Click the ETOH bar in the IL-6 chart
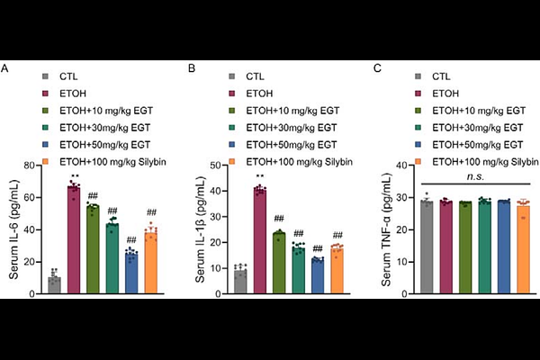pos(73,240)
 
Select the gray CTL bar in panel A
pos(54,285)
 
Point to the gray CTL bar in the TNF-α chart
pos(428,247)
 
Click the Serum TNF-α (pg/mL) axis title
pos(391,229)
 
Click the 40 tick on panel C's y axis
pos(409,165)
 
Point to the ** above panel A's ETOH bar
pos(73,175)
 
